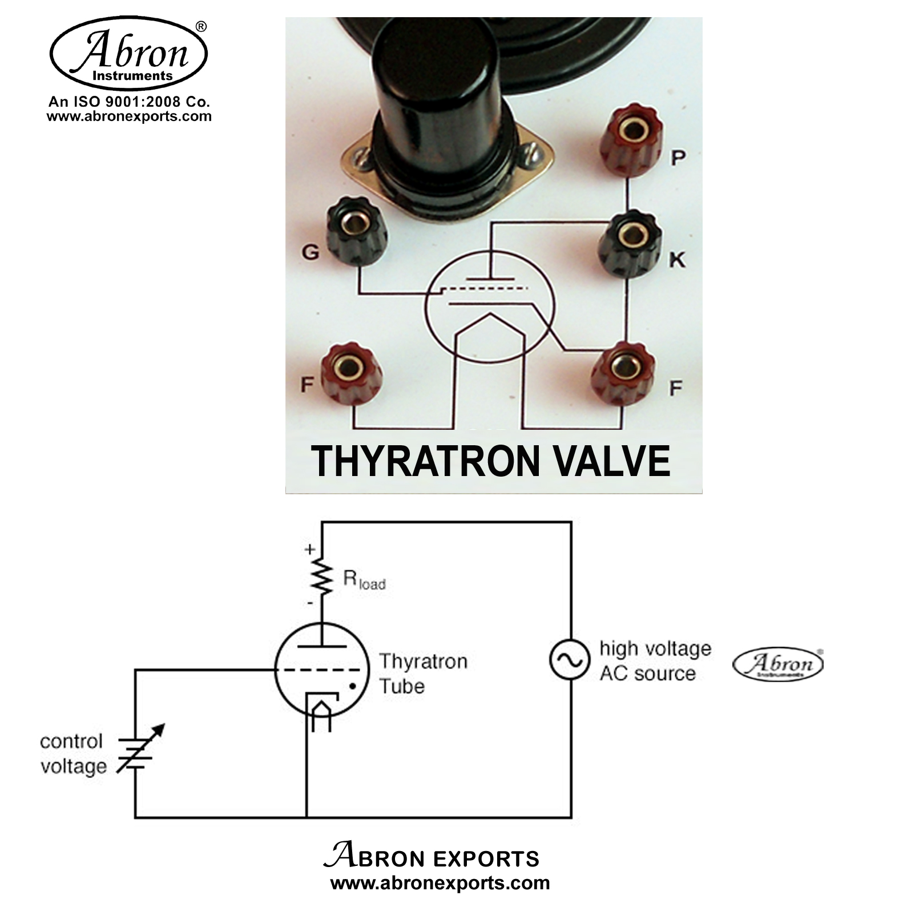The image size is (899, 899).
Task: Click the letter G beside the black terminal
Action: point(310,252)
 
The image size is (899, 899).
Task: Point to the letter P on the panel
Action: point(678,158)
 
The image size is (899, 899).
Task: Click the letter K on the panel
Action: point(677,260)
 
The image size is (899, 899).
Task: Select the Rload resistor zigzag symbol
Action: point(323,577)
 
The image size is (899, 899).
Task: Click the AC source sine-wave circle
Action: point(569,660)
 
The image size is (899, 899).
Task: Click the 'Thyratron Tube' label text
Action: point(423,674)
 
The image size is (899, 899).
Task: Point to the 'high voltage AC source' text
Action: point(655,661)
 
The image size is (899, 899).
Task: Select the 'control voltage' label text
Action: point(73,753)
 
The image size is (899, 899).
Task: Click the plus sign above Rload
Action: point(309,549)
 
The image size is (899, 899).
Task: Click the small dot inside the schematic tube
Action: point(352,686)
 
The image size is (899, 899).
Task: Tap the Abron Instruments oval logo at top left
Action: point(129,53)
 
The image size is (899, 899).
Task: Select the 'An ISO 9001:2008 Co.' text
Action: point(129,102)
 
